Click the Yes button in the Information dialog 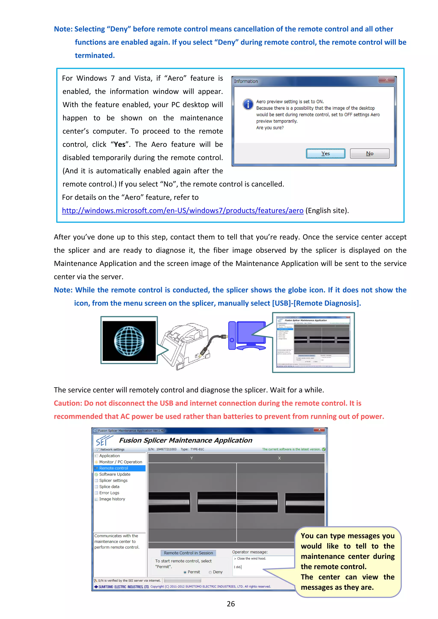(x=326, y=153)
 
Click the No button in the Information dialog (x=369, y=153)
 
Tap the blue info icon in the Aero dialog (x=248, y=104)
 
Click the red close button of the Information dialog (x=386, y=79)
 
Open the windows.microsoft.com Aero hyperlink (x=183, y=210)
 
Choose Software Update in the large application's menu (x=114, y=474)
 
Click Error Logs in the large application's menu (x=109, y=493)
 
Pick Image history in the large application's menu (x=112, y=499)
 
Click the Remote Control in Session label (x=188, y=553)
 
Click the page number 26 (x=231, y=604)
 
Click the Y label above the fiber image (x=192, y=458)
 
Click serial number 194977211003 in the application (x=166, y=449)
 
